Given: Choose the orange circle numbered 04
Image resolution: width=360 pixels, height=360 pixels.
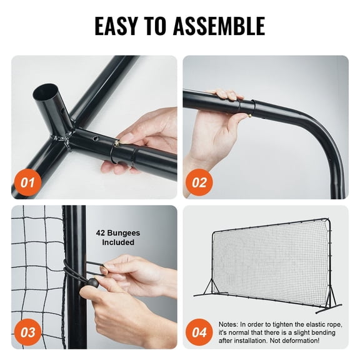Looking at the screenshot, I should point(199,332).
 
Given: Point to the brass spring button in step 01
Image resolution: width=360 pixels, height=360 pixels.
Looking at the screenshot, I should point(117,143).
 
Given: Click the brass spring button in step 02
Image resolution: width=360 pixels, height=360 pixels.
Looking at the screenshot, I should point(250,106).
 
